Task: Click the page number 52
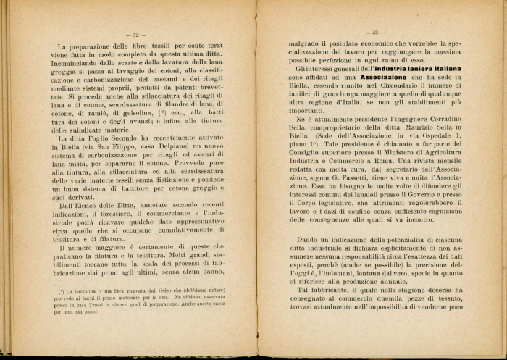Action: (x=136, y=34)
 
